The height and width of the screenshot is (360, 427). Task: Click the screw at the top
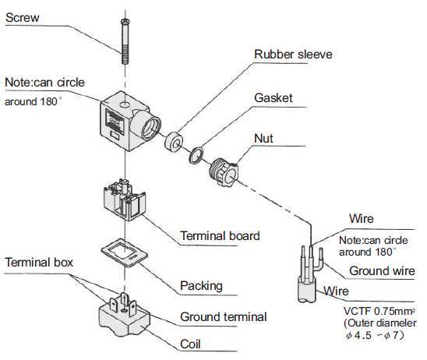click(x=125, y=41)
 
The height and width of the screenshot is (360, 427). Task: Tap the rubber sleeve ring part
click(x=174, y=142)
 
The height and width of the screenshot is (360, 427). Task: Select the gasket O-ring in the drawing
click(x=196, y=156)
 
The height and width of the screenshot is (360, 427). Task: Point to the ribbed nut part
click(x=224, y=171)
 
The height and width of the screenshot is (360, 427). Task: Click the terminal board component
click(x=125, y=199)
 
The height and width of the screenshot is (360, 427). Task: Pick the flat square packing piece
click(x=125, y=252)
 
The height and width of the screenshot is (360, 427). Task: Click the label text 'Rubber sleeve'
click(x=293, y=55)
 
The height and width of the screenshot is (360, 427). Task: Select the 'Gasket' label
click(x=273, y=98)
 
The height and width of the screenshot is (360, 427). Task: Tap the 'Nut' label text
click(x=263, y=139)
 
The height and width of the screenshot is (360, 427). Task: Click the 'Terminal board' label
click(x=220, y=236)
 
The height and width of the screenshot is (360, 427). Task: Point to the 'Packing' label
click(x=201, y=286)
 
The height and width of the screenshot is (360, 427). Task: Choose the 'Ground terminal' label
click(x=224, y=317)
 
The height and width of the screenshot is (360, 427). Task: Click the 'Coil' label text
click(x=190, y=344)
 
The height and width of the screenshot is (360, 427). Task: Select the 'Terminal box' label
click(x=39, y=263)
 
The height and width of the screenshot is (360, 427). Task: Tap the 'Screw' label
click(x=23, y=18)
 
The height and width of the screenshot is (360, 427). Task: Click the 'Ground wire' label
click(x=382, y=271)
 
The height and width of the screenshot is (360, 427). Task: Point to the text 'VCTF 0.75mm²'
click(x=379, y=311)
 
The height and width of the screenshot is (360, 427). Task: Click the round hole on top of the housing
click(x=125, y=104)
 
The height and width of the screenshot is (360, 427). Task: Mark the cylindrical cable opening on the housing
click(x=146, y=125)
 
